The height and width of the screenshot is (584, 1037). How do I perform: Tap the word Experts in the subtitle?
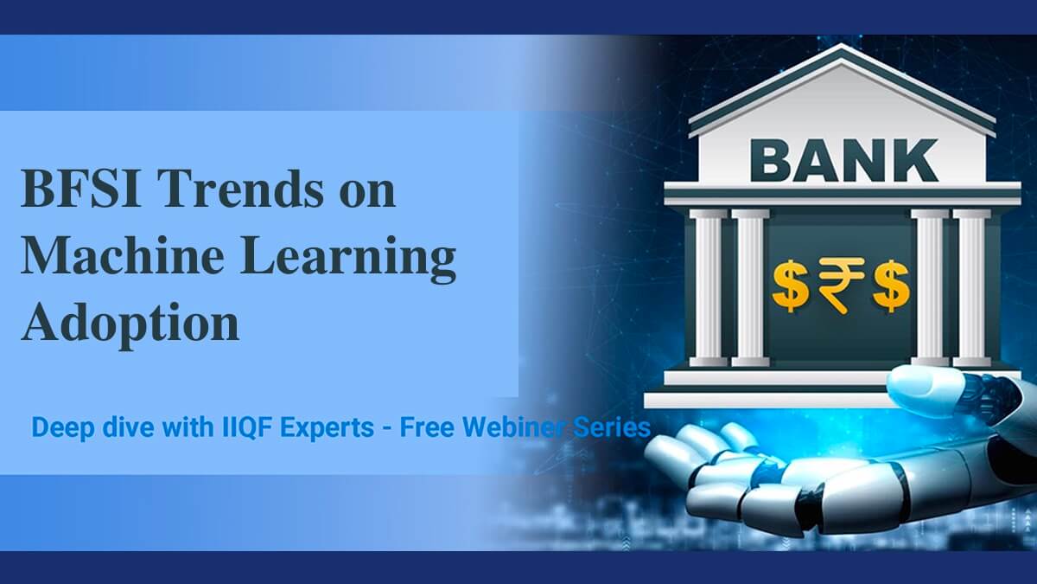click(x=327, y=427)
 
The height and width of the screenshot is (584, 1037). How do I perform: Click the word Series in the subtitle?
click(x=612, y=427)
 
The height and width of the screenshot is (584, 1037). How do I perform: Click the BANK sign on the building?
click(x=844, y=160)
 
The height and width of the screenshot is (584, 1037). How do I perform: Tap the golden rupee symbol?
click(x=840, y=285)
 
